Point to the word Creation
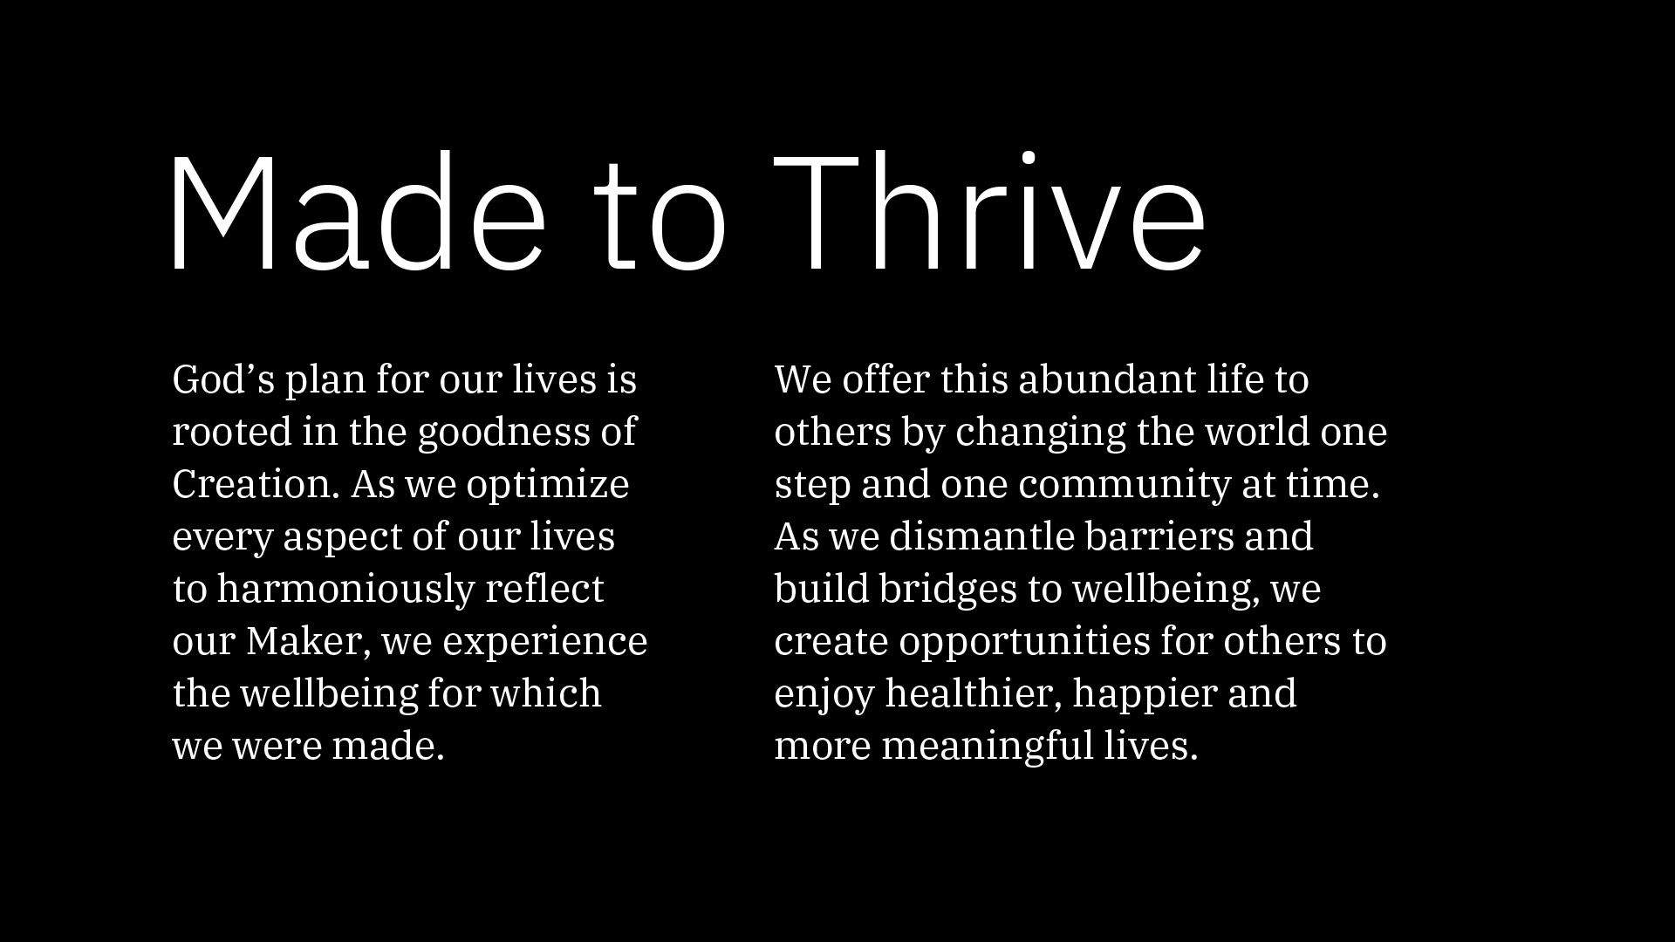tap(256, 484)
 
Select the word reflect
tap(544, 590)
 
